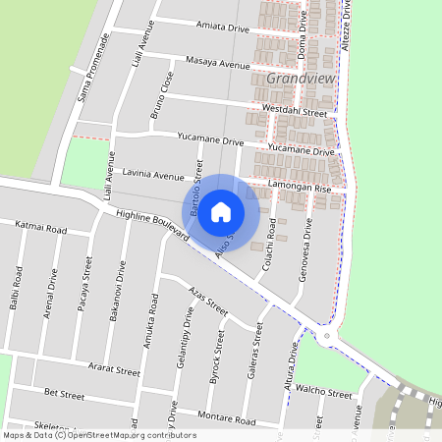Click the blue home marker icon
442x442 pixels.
(221, 211)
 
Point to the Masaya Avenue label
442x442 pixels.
(217, 63)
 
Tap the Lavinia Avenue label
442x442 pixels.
(154, 177)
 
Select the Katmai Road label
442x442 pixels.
(41, 229)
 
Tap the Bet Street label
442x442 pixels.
(65, 394)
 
